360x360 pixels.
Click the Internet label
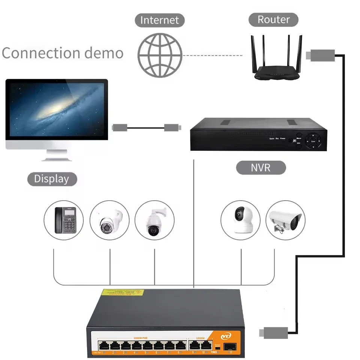click(x=160, y=20)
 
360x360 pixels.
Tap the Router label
click(x=273, y=19)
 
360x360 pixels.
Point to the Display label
click(x=52, y=179)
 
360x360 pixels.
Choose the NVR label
click(x=261, y=167)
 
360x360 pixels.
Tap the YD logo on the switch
click(x=226, y=336)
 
